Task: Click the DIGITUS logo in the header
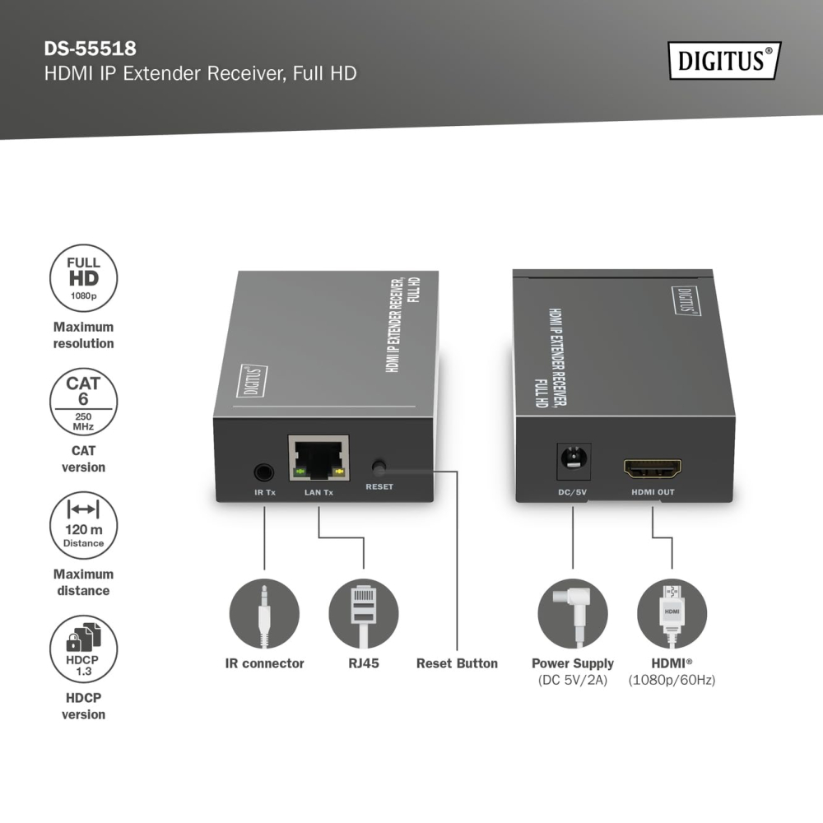(x=724, y=60)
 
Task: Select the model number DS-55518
(x=91, y=49)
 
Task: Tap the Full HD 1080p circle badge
(x=83, y=278)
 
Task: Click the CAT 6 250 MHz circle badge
(x=83, y=402)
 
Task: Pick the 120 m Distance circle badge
(x=83, y=526)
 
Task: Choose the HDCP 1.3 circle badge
(x=83, y=649)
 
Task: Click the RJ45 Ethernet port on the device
(x=319, y=458)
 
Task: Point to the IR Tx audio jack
(x=264, y=472)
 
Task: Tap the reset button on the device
(x=378, y=466)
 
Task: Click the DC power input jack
(x=573, y=461)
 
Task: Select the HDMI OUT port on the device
(x=653, y=468)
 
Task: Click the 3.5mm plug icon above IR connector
(x=264, y=614)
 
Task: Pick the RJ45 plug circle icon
(x=364, y=614)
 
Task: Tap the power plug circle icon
(x=573, y=614)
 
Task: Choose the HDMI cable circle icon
(x=672, y=614)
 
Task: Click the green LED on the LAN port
(x=300, y=472)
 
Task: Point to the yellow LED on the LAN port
(x=338, y=472)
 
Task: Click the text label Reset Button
(x=457, y=663)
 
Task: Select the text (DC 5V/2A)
(x=573, y=681)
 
